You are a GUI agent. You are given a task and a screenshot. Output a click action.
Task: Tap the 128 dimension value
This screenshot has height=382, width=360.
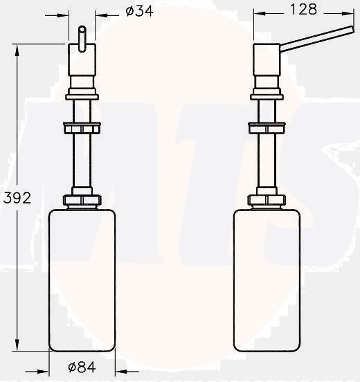pyautogui.click(x=303, y=9)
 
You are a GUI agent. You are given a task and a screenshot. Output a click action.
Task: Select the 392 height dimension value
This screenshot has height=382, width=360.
pyautogui.click(x=17, y=198)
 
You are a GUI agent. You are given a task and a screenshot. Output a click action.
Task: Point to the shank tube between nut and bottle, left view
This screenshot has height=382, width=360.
pyautogui.click(x=82, y=163)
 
